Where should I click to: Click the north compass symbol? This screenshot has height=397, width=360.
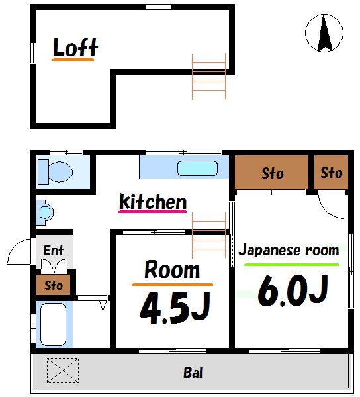(324, 33)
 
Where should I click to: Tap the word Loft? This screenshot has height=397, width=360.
(75, 48)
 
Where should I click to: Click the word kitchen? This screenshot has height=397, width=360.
(153, 201)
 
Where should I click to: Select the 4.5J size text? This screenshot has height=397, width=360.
(174, 307)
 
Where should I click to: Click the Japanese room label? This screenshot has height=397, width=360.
(289, 250)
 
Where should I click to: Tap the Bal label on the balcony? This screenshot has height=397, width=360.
(193, 373)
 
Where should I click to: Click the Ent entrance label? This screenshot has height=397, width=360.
(54, 250)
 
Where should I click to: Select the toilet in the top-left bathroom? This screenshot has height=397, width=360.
(54, 172)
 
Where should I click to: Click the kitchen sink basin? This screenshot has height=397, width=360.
(197, 168)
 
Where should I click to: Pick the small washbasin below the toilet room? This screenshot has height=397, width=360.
(45, 212)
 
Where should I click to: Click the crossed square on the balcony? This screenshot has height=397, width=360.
(63, 370)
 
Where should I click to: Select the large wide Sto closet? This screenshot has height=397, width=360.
(272, 173)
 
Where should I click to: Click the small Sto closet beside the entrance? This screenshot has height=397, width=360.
(54, 285)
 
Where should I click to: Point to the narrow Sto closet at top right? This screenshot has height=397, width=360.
(331, 173)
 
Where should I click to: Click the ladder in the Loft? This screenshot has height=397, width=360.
(209, 75)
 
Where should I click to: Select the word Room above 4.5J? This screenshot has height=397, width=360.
(172, 269)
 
